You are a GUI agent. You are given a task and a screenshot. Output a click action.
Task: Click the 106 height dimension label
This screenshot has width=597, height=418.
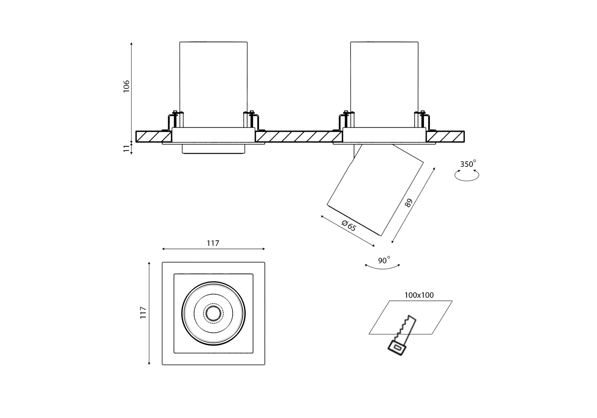[126, 86]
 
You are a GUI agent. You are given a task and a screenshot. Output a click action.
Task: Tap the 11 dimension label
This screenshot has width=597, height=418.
[126, 149]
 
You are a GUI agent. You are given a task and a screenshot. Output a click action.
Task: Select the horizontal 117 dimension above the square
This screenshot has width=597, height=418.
[213, 243]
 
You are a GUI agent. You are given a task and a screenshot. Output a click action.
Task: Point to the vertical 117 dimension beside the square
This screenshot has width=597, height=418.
[144, 312]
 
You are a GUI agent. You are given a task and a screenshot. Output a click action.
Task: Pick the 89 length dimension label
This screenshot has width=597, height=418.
[409, 203]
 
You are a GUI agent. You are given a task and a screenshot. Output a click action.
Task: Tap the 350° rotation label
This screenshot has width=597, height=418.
[468, 164]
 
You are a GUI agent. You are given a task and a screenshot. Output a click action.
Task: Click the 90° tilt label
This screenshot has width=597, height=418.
[383, 260]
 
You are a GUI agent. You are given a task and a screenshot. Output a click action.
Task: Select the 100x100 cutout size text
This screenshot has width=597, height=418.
[419, 295]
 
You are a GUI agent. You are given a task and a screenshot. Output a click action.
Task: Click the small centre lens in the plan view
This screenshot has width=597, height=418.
[213, 313]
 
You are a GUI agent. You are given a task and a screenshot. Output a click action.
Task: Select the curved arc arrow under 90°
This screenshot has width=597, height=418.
[382, 267]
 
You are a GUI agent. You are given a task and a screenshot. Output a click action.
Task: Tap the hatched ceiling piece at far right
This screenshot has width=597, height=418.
[445, 137]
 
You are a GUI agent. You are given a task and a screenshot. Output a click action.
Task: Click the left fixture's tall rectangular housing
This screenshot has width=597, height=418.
[213, 83]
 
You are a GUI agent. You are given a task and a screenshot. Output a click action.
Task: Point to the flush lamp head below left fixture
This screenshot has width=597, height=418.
[214, 149]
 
